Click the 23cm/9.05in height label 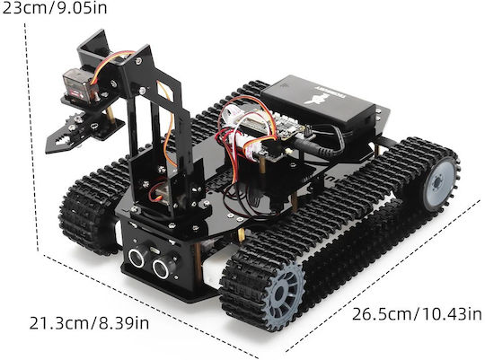tap(54, 8)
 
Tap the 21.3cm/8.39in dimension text tap(89, 323)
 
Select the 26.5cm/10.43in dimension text tap(417, 314)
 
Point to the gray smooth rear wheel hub tap(439, 183)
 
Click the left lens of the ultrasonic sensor tap(137, 258)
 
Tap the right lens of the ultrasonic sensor tap(161, 268)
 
